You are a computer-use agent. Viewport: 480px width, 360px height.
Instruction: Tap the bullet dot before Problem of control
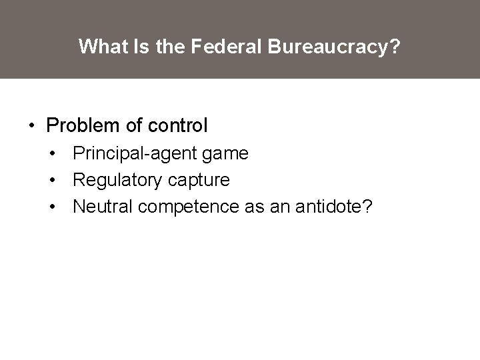click(x=31, y=125)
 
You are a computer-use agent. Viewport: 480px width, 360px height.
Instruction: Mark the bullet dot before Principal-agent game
click(x=52, y=154)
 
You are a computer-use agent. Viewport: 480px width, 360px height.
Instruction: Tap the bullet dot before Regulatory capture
click(x=52, y=181)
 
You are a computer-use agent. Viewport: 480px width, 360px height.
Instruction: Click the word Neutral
click(x=101, y=207)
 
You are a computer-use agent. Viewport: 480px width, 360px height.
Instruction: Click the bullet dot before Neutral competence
click(x=52, y=207)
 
